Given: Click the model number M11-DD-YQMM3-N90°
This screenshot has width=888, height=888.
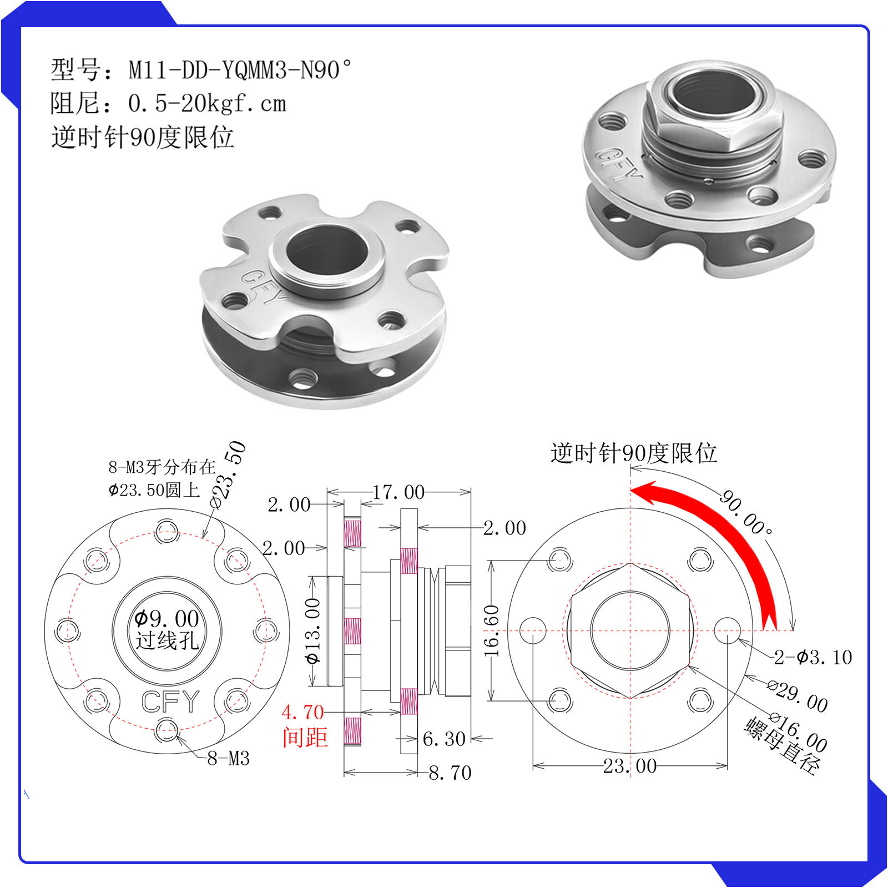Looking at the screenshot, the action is [240, 70].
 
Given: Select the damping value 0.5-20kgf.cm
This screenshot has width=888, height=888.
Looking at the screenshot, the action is [207, 104].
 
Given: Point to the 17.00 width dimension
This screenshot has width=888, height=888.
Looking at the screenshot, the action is [398, 492].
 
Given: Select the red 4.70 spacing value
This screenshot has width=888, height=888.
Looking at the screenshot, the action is [302, 712].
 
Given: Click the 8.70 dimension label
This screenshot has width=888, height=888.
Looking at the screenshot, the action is [450, 773].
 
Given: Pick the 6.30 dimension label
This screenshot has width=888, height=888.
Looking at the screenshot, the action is [444, 739].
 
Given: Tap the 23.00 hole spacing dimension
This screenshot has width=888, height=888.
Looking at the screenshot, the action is [630, 766].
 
